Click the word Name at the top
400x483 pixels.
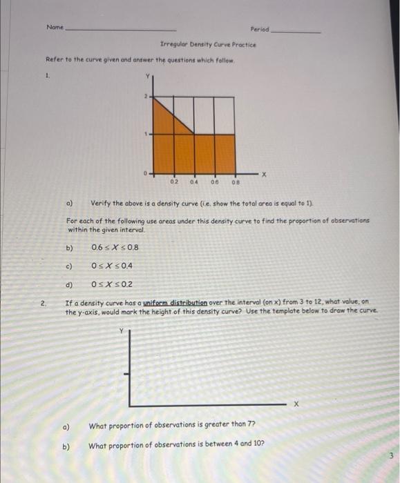(55, 27)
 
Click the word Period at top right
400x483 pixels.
(260, 30)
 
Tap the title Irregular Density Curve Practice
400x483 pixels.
(208, 44)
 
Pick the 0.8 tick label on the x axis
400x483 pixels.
(236, 183)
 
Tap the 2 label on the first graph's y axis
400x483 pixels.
(146, 97)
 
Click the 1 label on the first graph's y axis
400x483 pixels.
(146, 135)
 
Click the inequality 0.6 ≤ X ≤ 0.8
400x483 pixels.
(115, 248)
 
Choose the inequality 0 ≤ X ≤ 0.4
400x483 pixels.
(112, 266)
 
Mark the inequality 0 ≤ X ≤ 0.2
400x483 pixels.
(112, 284)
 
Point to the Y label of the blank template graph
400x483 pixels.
(124, 331)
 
